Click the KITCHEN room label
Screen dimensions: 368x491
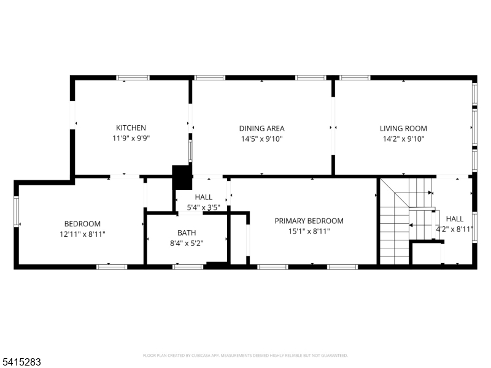coord(131,128)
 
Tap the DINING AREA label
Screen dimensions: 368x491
coord(261,129)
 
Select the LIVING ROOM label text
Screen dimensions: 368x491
coord(403,129)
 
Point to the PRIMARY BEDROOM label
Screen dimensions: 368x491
coord(309,221)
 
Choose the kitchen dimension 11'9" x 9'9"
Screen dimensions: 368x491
coord(131,139)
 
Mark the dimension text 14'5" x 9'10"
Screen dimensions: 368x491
coord(261,139)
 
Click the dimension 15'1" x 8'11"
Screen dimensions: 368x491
coord(309,231)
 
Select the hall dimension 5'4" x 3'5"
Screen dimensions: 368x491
coord(203,207)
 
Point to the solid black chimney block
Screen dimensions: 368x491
coord(182,178)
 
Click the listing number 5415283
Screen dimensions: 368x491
coord(21,362)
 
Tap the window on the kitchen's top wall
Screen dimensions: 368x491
coord(133,78)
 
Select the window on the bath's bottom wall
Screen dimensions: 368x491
coord(188,267)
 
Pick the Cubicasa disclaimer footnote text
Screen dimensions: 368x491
coord(245,355)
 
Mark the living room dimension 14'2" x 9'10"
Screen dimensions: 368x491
coord(403,139)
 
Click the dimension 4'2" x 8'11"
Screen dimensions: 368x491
coord(455,229)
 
